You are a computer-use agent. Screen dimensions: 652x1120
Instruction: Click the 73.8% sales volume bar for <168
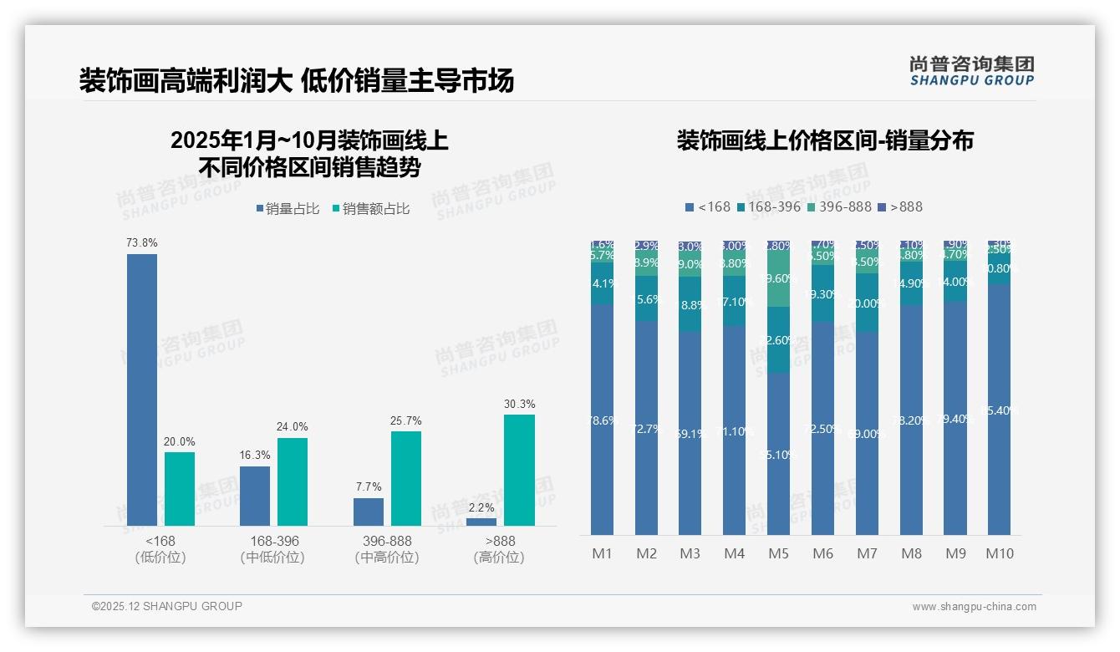click(x=142, y=390)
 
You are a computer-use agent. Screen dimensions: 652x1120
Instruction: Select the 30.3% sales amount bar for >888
click(x=519, y=470)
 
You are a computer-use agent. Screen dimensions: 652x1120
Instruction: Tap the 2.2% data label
click(x=481, y=507)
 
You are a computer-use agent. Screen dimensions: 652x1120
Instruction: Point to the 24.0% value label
click(x=293, y=427)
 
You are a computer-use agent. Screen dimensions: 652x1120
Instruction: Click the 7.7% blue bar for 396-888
click(x=369, y=512)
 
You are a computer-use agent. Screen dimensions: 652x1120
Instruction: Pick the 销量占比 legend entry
click(x=288, y=209)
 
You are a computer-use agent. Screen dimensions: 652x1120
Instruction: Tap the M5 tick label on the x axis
click(x=778, y=553)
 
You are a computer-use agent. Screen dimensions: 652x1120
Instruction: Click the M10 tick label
click(x=999, y=553)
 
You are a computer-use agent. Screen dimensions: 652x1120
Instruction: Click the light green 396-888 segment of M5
click(x=778, y=279)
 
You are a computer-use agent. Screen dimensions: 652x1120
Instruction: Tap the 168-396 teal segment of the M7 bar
click(x=867, y=303)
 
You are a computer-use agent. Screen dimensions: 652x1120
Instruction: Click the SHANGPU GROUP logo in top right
click(x=971, y=70)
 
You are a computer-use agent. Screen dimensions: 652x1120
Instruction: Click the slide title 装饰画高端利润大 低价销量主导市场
click(x=297, y=81)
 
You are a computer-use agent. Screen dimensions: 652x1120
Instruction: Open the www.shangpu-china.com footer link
click(x=974, y=607)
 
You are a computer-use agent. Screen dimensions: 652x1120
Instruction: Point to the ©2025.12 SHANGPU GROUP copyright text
click(x=167, y=606)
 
